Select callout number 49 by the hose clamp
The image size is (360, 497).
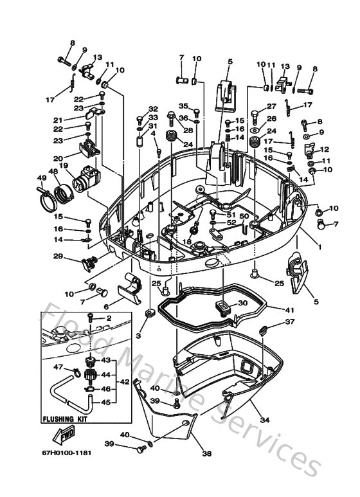[41, 178]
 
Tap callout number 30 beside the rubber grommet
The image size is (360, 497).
[242, 303]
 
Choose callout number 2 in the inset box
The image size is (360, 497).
[109, 318]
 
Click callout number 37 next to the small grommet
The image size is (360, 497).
[291, 322]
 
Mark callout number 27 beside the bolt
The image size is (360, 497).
[271, 107]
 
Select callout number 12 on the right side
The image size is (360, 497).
[325, 149]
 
